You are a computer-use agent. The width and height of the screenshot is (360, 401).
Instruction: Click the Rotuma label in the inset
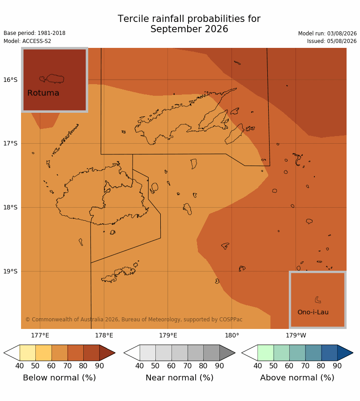(x=43, y=93)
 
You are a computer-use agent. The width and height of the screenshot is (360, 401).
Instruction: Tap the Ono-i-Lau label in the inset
(x=313, y=312)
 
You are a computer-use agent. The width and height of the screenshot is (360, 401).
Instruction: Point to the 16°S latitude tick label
(x=10, y=80)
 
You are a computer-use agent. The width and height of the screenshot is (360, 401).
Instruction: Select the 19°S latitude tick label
(x=10, y=271)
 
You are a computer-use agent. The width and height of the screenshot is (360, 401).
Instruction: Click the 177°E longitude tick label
(x=40, y=335)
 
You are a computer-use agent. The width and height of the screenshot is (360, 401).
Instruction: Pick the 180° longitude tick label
(x=232, y=335)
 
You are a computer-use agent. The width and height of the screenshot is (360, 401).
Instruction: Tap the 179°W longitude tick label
(x=296, y=335)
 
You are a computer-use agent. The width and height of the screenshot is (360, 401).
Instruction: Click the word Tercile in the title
(x=133, y=19)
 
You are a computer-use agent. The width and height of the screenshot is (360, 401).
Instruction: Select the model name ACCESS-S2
(x=37, y=41)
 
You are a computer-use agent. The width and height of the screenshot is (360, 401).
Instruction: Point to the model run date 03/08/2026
(x=342, y=34)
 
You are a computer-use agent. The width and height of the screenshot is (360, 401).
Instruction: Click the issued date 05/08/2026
(x=342, y=41)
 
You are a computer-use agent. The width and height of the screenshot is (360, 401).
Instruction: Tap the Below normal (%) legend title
(x=60, y=378)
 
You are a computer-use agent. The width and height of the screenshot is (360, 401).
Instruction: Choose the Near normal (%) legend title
(x=180, y=378)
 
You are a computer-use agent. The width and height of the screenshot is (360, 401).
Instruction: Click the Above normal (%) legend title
(x=297, y=378)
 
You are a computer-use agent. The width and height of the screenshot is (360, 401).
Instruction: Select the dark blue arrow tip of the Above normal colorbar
(x=345, y=353)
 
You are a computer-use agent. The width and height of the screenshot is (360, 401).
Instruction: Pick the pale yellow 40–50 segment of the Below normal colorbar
(x=28, y=353)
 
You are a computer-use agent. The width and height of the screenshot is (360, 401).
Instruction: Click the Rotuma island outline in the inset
(x=51, y=79)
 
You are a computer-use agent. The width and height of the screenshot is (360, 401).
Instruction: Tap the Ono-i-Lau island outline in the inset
(x=317, y=300)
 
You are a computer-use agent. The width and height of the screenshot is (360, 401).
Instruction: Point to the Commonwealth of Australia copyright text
(x=134, y=320)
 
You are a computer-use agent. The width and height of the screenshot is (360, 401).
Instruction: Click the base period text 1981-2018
(x=51, y=33)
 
